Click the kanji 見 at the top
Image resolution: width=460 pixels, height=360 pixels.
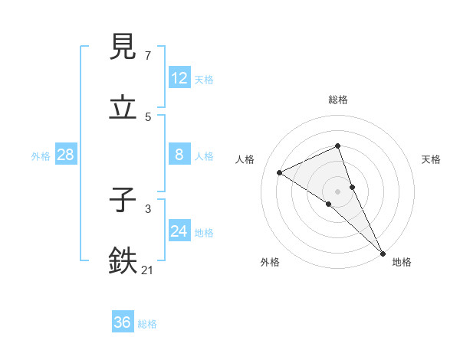(x=123, y=47)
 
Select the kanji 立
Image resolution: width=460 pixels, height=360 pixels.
(x=123, y=108)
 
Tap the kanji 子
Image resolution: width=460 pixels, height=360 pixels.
(x=123, y=200)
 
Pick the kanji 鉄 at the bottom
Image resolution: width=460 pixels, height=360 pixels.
(x=123, y=261)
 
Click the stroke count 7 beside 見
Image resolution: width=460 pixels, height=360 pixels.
(x=148, y=56)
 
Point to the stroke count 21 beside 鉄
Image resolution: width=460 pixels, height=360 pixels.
(x=148, y=270)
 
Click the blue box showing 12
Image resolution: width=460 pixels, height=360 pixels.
(x=179, y=78)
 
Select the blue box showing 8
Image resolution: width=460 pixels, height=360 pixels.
(x=179, y=155)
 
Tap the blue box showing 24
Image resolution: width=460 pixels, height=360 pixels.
(x=179, y=231)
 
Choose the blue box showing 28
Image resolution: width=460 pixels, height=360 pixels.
(x=66, y=155)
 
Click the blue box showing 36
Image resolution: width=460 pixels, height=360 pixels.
(x=123, y=322)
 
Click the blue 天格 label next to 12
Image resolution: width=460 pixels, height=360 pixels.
(x=204, y=79)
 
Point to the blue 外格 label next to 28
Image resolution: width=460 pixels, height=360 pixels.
(x=41, y=155)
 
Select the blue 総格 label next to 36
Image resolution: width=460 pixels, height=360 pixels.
(x=147, y=324)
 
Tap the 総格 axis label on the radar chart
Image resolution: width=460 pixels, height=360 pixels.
(x=338, y=100)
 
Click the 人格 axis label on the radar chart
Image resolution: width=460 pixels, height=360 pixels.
(x=245, y=159)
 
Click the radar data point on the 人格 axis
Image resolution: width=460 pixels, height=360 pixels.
(x=280, y=172)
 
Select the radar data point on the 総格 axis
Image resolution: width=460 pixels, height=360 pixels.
(x=338, y=146)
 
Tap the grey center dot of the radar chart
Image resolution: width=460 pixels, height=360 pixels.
(x=338, y=191)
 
